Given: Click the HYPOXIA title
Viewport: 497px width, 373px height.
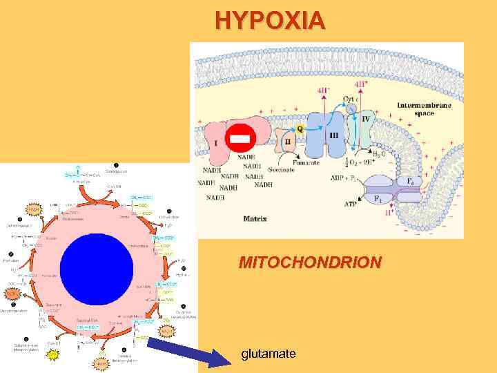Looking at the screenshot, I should [x=269, y=21].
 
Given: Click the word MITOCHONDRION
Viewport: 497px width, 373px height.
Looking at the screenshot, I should [x=309, y=262].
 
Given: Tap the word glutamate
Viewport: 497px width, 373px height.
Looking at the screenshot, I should [x=269, y=354].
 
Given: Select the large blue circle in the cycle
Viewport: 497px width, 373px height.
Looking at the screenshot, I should [x=97, y=265].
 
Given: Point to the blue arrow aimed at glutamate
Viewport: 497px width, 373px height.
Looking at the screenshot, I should [x=188, y=350].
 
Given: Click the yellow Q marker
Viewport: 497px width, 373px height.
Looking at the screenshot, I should [x=300, y=128].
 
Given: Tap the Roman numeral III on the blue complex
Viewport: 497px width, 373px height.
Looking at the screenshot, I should [x=333, y=136].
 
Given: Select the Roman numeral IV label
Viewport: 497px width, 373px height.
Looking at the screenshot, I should [x=366, y=119].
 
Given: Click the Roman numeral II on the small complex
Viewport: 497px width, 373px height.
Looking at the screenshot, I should [x=288, y=142].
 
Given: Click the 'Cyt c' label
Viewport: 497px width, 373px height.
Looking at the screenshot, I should [x=350, y=100].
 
